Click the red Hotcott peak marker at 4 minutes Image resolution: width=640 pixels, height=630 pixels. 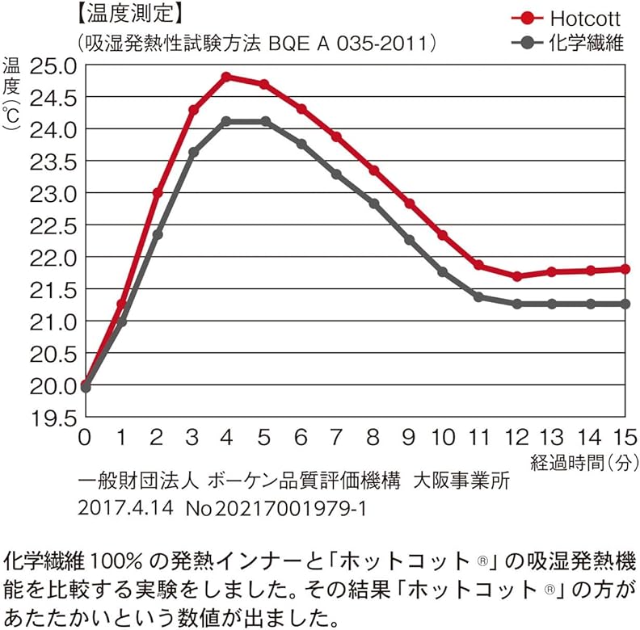pos(227,77)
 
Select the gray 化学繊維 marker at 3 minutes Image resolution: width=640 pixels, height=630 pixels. pos(193,152)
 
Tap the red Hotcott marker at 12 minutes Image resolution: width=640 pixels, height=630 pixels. pos(517,276)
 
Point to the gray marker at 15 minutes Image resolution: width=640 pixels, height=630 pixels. pos(625,304)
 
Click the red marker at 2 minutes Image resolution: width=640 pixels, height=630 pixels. pos(158,193)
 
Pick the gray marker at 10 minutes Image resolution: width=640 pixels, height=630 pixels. pos(443,271)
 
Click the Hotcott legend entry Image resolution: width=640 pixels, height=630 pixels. pos(566,19)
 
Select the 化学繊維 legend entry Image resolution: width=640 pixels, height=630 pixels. pos(567,43)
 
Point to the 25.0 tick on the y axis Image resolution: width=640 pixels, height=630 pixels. pos(53,66)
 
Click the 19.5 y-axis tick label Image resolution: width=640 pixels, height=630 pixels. pos(53,418)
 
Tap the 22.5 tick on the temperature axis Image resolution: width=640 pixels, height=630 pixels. pos(53,226)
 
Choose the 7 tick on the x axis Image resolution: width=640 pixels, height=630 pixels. pos(336,438)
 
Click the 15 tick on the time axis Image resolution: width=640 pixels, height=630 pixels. pos(625,438)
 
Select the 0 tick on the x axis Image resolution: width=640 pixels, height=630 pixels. pos(85,438)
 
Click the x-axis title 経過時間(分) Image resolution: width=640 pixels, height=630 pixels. pos(584,463)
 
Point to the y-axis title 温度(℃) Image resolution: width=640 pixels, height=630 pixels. pos(11,93)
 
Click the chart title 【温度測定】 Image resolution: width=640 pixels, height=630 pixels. pos(128,14)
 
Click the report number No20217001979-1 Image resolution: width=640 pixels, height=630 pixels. pos(276,508)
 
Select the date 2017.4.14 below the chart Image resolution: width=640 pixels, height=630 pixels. pos(126,508)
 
